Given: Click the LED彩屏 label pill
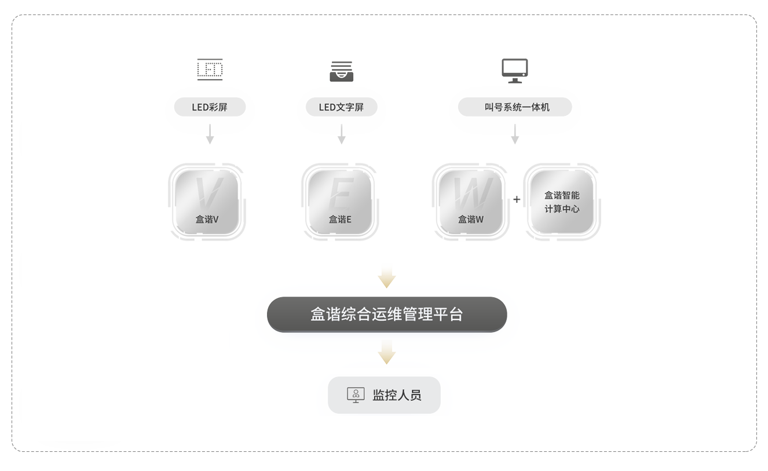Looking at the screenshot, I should [210, 107].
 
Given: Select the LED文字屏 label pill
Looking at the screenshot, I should [341, 107].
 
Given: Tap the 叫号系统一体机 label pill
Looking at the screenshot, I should [514, 107].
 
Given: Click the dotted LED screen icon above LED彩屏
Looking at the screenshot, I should [210, 70].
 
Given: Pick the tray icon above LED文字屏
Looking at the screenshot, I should [341, 70].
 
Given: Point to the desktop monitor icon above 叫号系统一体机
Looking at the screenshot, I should [514, 70].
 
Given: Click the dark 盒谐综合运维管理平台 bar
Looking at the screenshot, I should [386, 315].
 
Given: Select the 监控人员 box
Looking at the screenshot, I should [384, 395].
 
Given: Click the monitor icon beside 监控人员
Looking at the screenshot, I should [355, 395].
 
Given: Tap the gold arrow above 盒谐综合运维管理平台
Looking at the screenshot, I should [386, 277].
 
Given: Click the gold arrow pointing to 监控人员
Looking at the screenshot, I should [386, 352].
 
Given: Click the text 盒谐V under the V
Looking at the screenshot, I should [207, 220].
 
